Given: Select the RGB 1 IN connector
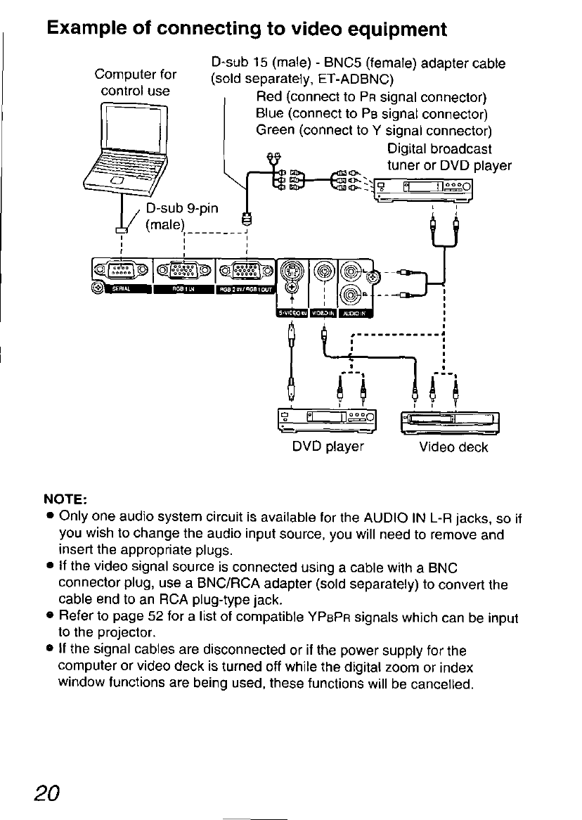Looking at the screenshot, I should pyautogui.click(x=185, y=269).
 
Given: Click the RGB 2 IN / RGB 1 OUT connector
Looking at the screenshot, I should pyautogui.click(x=246, y=269).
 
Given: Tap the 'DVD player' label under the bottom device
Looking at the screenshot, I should pyautogui.click(x=328, y=447).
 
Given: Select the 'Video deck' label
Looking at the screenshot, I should pyautogui.click(x=453, y=447).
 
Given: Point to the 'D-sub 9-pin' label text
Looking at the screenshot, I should pyautogui.click(x=182, y=208).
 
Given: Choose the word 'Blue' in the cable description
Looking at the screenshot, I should pyautogui.click(x=271, y=113).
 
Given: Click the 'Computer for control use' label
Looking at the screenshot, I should pyautogui.click(x=136, y=82).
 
